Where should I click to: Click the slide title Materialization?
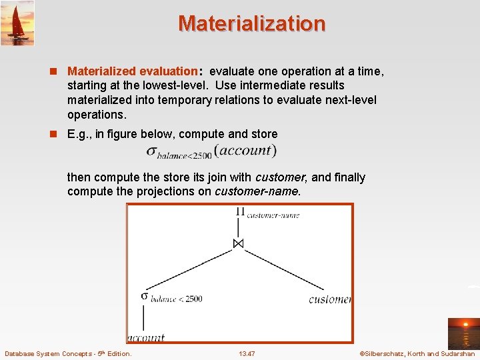(x=251, y=23)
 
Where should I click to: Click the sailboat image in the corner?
(x=17, y=23)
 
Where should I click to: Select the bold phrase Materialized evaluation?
(x=133, y=71)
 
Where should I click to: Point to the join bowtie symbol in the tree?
(x=238, y=244)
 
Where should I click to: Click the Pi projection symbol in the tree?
(x=240, y=212)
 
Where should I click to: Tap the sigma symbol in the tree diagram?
(x=144, y=295)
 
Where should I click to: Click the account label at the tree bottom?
(x=146, y=337)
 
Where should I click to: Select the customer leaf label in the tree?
(x=330, y=299)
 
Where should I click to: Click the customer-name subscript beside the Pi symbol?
(x=273, y=215)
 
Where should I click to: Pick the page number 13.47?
(x=247, y=353)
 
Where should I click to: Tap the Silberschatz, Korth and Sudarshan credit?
(x=417, y=353)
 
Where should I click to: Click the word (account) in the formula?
(x=245, y=151)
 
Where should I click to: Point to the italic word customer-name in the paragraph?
(x=257, y=191)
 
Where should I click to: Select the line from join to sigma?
(x=190, y=269)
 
